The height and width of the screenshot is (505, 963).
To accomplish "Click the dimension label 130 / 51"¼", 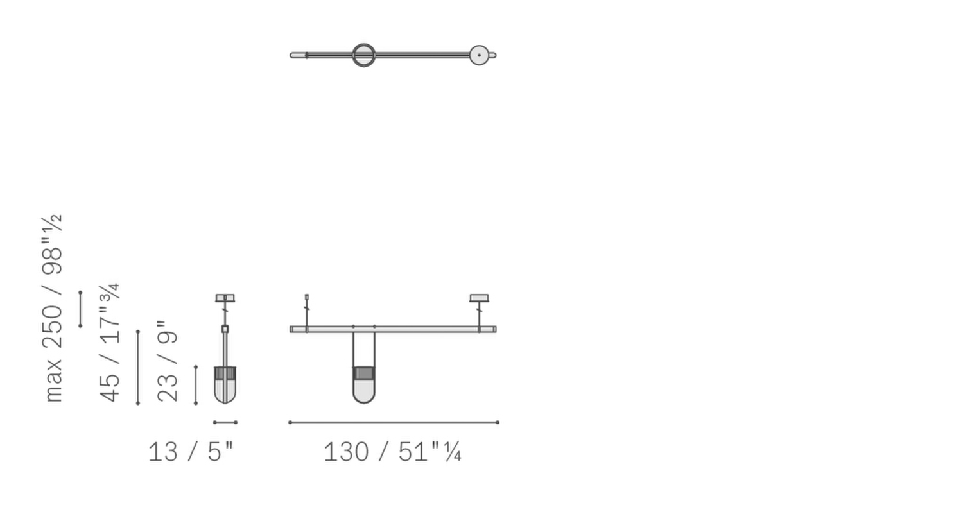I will (x=392, y=452).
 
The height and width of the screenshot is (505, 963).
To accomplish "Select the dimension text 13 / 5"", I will (x=191, y=452).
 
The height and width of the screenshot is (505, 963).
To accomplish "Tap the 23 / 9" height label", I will (x=168, y=362).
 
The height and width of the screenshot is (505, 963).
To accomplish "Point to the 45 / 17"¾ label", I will (x=110, y=343).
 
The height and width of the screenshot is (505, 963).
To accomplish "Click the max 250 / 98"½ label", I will (x=53, y=308).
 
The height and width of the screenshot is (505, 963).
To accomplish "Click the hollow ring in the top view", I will (x=363, y=55).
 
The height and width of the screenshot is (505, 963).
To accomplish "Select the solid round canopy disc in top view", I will (x=479, y=55).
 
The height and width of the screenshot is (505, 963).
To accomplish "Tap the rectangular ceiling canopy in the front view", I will (x=479, y=298).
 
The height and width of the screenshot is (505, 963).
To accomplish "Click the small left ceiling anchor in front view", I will (x=306, y=297).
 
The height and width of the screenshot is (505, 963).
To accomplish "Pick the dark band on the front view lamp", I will (x=363, y=373).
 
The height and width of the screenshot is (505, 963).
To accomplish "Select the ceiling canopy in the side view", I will (x=225, y=298).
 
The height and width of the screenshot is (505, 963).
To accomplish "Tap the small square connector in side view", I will (x=225, y=329).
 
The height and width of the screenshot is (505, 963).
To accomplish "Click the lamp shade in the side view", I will (x=225, y=385).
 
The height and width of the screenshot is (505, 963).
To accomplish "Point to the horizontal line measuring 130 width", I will (x=394, y=422).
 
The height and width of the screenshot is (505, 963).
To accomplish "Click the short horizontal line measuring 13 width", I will (x=225, y=422).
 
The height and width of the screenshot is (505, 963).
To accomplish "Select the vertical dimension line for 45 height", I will (x=138, y=367).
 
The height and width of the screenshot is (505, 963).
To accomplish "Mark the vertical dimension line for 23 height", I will (x=196, y=385).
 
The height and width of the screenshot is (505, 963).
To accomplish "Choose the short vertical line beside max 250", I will (x=80, y=309).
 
